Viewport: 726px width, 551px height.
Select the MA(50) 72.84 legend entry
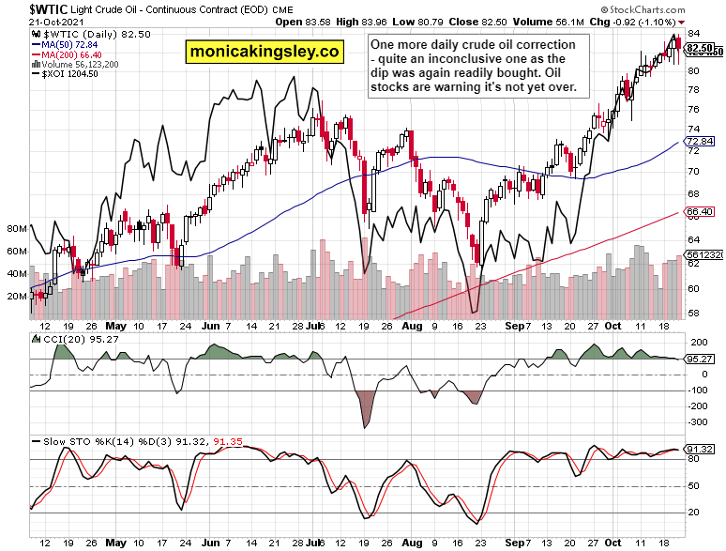(x=67, y=44)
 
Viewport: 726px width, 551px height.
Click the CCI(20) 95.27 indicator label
(x=70, y=338)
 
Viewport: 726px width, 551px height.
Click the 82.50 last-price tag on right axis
(x=699, y=47)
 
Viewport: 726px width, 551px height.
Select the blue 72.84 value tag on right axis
(x=699, y=142)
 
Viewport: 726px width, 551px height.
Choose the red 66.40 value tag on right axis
(x=699, y=211)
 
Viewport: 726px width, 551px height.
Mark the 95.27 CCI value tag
(x=699, y=359)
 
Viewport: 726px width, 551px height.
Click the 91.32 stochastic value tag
(x=699, y=451)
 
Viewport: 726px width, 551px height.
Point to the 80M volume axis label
(x=16, y=228)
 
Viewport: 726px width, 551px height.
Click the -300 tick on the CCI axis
(x=697, y=423)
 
